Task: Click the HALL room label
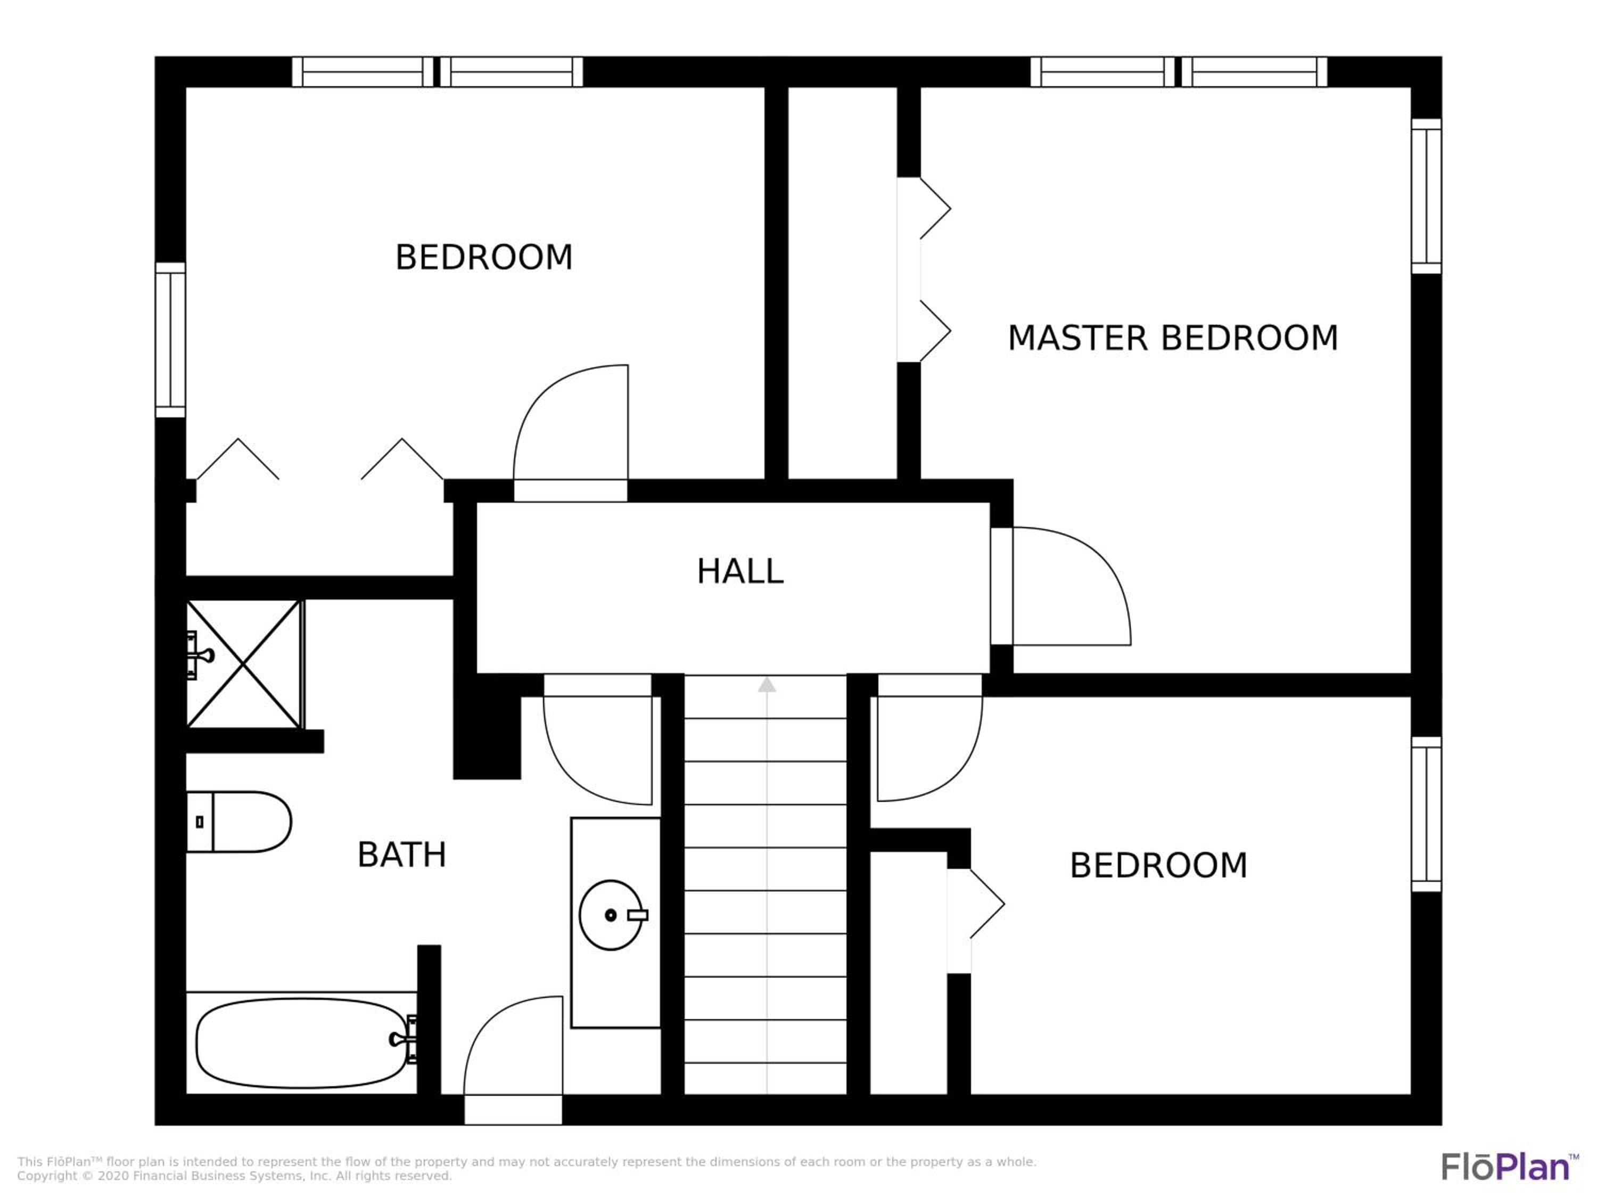740,571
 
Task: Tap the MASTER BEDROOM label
1173,338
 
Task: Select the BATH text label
402,855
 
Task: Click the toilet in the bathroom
238,822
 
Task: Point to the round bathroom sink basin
611,915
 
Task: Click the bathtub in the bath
301,1043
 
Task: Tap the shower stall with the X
244,663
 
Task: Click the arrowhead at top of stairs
767,685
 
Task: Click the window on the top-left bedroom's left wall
170,339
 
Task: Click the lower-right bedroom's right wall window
1426,814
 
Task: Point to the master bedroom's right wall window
1426,196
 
